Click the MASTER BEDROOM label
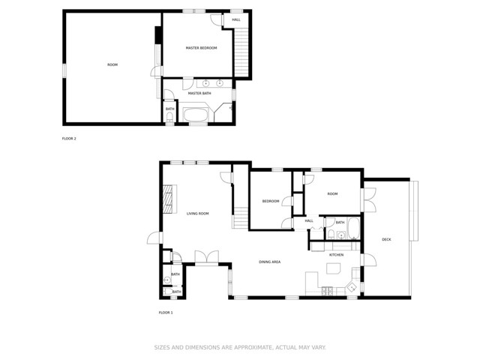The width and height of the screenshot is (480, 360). (x=202, y=48)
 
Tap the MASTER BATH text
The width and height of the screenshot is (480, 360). (x=199, y=93)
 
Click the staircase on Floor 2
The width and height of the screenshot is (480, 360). (x=240, y=52)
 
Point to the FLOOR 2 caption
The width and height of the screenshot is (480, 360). (x=69, y=139)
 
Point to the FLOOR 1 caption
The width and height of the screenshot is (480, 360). (x=166, y=312)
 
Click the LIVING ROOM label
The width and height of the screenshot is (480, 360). (x=198, y=214)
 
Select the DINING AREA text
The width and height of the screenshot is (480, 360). (x=270, y=262)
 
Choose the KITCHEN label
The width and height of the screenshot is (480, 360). (x=336, y=255)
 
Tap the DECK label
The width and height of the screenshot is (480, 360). (x=386, y=239)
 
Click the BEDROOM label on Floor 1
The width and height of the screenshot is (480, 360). (x=271, y=201)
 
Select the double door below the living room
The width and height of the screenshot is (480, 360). (x=206, y=257)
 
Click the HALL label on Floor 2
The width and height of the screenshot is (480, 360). (x=236, y=19)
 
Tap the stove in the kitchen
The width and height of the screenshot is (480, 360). (x=327, y=290)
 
